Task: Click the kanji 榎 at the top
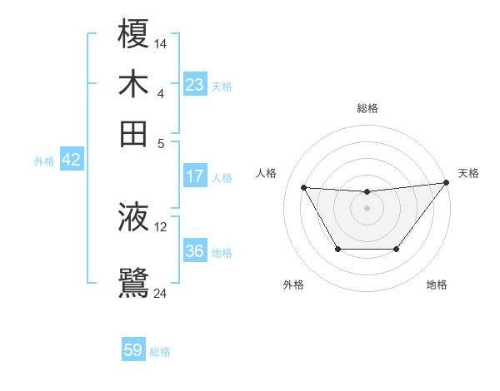[134, 36]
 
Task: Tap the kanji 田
[134, 133]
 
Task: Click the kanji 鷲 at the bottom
[134, 284]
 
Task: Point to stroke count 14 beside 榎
[161, 42]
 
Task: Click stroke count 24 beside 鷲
[161, 293]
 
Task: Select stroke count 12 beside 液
[161, 226]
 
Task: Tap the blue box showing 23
[195, 85]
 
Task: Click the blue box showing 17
[195, 176]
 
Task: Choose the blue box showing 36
[195, 251]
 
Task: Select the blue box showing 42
[71, 161]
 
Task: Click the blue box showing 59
[133, 350]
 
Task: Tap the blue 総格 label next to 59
[160, 352]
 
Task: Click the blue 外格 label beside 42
[44, 161]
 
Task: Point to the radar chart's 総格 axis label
[367, 108]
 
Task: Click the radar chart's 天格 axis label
[468, 173]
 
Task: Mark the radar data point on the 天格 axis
[446, 183]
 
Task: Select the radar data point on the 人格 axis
[304, 187]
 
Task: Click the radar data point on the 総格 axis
[367, 192]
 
